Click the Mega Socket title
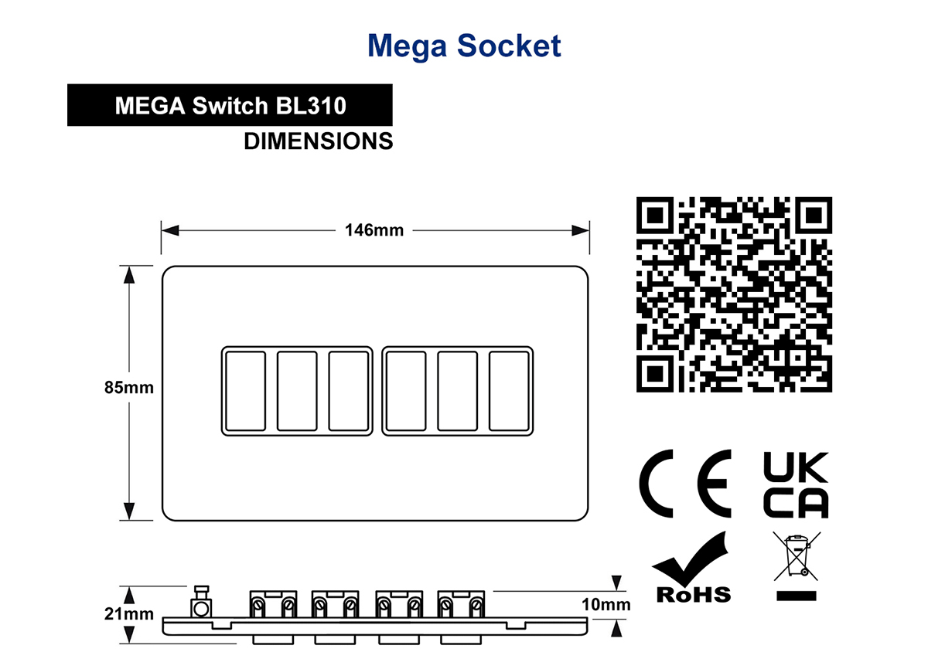(464, 46)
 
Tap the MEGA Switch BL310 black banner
(230, 105)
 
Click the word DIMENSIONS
(318, 141)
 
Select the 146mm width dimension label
(374, 230)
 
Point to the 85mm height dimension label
(129, 388)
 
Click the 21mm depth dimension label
(129, 614)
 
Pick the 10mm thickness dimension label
(606, 604)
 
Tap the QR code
(734, 294)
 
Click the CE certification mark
(685, 483)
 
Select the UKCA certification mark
(796, 484)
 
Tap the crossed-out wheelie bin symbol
(797, 556)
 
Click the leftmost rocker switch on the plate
(246, 391)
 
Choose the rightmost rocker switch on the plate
(509, 391)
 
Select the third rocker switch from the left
(349, 391)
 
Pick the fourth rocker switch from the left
(405, 391)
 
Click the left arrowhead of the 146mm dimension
(170, 230)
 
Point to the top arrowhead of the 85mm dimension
(129, 275)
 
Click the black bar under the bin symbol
(797, 596)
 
